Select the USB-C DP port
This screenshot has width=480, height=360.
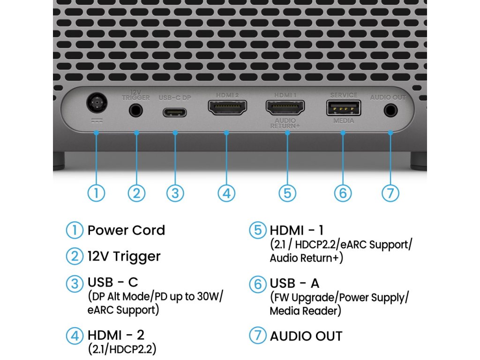175,112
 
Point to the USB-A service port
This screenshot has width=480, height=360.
343,108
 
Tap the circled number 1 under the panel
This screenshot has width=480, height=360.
96,193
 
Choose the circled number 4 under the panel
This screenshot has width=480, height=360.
226,193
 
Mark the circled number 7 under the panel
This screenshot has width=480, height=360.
390,193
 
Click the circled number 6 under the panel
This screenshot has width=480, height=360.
343,193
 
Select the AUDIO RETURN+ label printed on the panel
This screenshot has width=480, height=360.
285,123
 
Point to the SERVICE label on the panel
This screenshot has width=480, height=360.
344,95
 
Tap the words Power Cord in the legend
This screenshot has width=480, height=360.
126,231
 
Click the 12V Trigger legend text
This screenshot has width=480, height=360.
124,256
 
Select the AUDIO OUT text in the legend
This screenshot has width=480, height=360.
306,336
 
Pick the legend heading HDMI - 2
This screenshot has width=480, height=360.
116,335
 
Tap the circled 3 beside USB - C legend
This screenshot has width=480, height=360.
74,283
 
